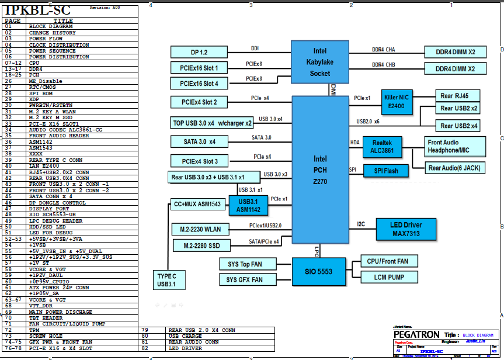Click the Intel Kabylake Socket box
tap(321, 63)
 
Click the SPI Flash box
tap(382, 171)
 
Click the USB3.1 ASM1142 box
tap(248, 205)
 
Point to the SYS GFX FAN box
tap(244, 279)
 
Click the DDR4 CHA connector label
tap(383, 49)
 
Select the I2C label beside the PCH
tap(362, 224)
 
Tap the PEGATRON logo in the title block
tap(416, 334)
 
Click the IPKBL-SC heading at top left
tap(38, 10)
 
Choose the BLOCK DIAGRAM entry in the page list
tap(51, 26)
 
